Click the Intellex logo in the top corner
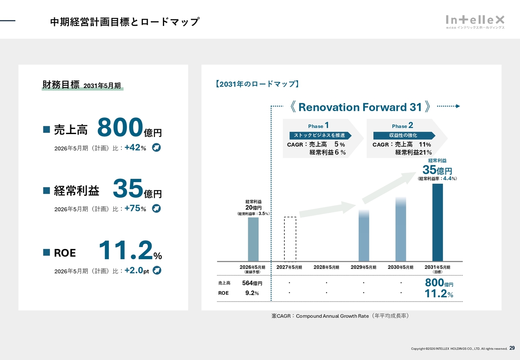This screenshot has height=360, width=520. [x=475, y=22]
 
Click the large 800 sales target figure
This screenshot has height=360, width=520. [x=120, y=128]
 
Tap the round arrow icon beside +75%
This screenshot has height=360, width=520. [x=156, y=208]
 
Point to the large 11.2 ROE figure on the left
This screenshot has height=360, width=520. [x=126, y=250]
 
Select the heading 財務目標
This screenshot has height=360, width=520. [x=61, y=85]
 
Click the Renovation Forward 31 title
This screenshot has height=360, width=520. [x=360, y=107]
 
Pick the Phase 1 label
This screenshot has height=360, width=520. [x=318, y=126]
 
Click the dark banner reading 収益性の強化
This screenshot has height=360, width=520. [x=403, y=135]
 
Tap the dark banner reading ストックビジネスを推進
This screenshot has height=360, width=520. [x=320, y=135]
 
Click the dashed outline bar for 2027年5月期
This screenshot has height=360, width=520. [x=290, y=239]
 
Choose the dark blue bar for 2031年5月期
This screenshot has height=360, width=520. [x=438, y=222]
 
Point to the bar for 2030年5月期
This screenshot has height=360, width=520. [x=401, y=230]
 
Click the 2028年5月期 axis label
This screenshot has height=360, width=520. [x=326, y=267]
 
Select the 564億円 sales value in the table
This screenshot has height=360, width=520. [x=252, y=283]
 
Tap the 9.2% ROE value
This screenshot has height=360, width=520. [x=252, y=293]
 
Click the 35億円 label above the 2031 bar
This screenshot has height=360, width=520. [x=437, y=170]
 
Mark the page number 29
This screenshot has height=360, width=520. [x=512, y=348]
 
